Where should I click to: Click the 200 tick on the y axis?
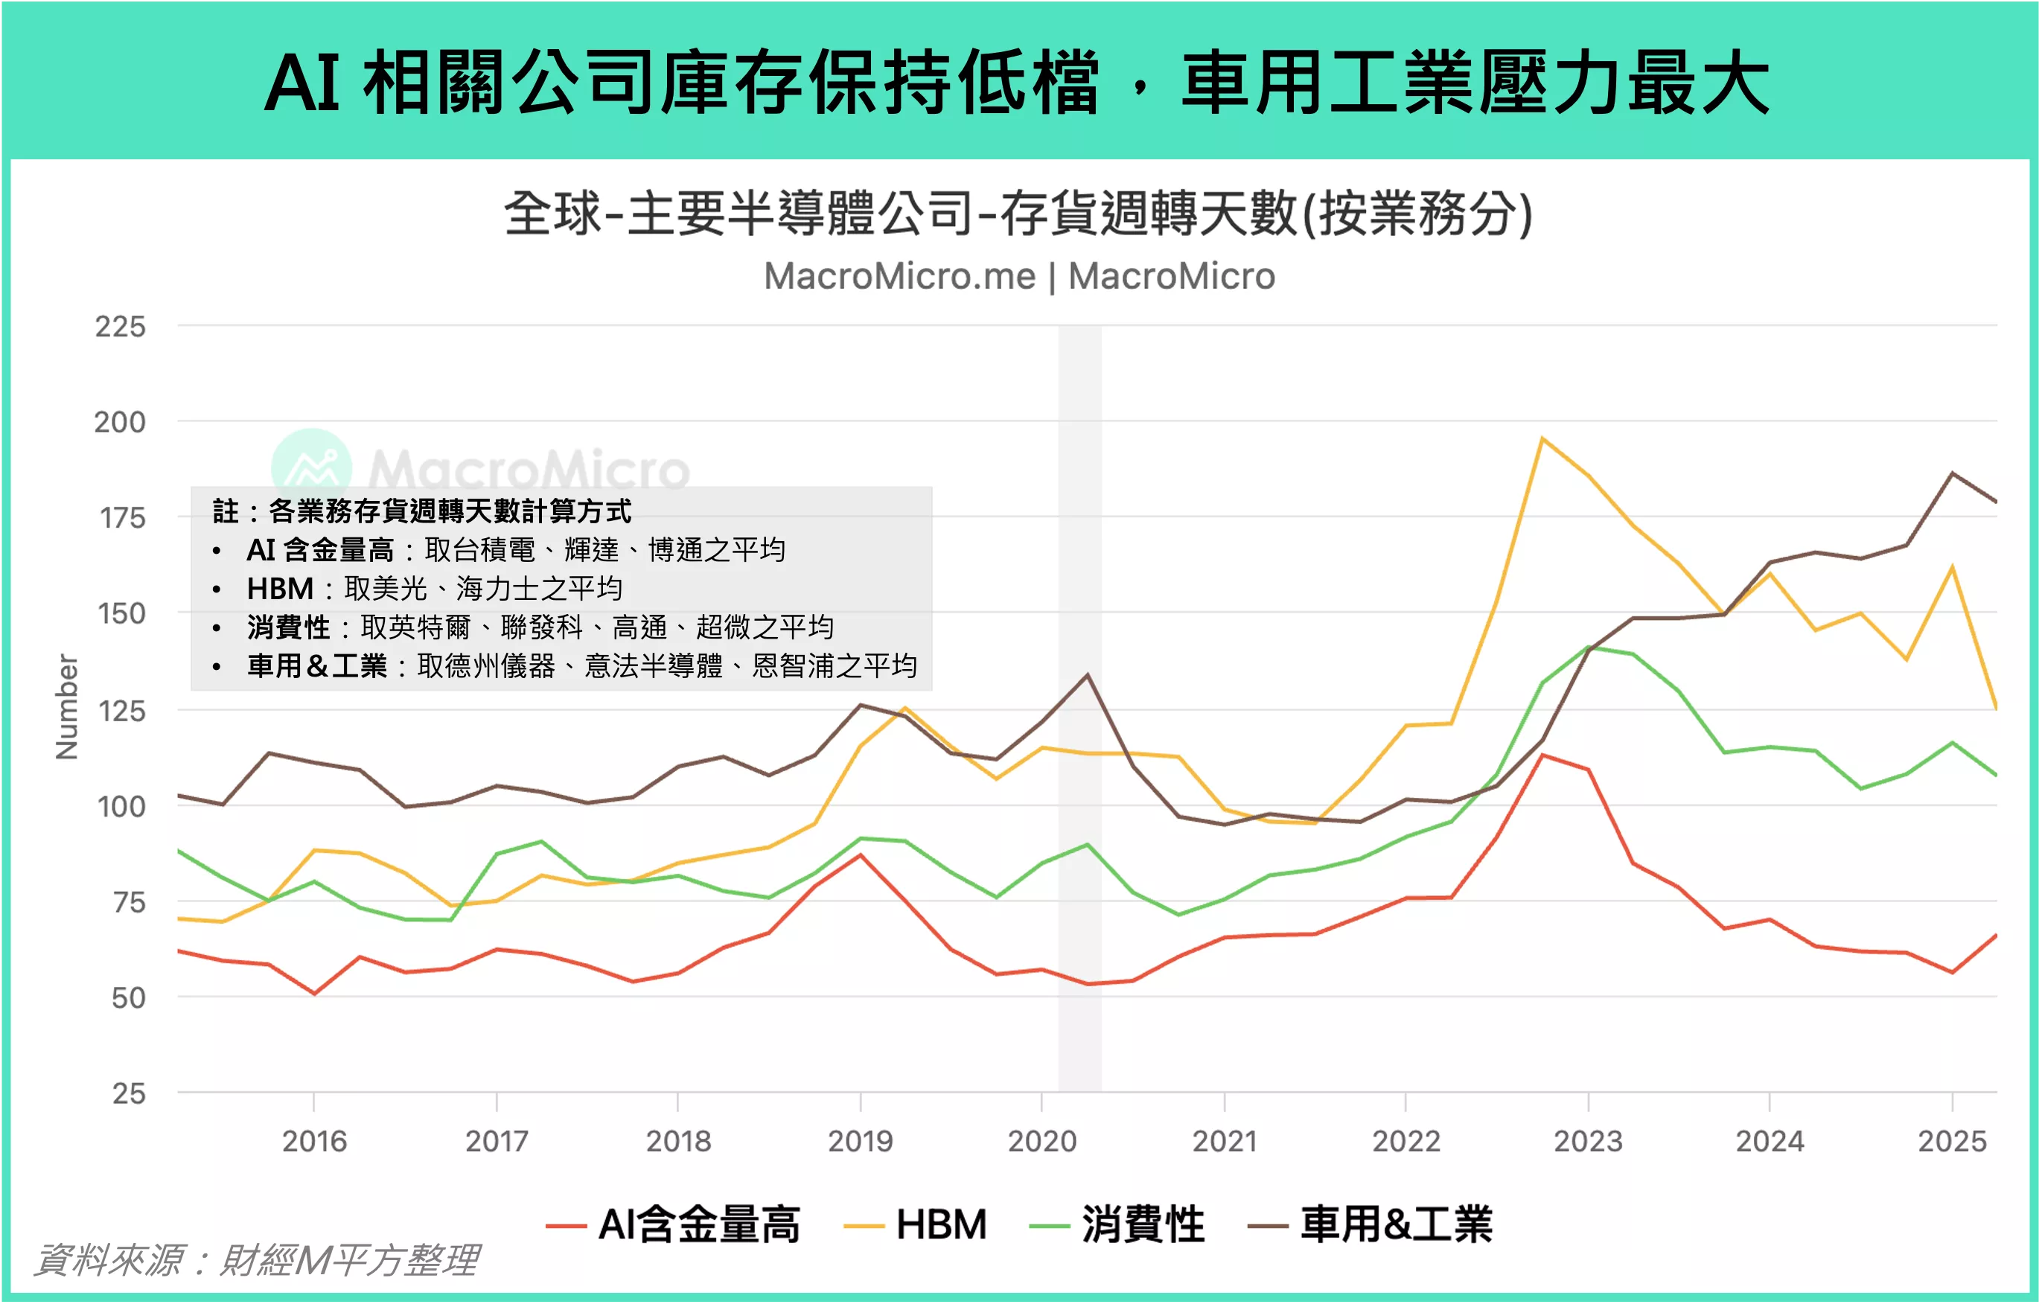[x=120, y=422]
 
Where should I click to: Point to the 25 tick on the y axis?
[x=128, y=1093]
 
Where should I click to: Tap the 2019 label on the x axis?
[x=860, y=1141]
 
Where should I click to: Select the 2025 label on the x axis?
[x=1952, y=1141]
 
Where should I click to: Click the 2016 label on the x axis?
[x=314, y=1141]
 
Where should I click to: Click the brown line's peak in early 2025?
[x=1953, y=473]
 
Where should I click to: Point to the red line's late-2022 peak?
[x=1542, y=755]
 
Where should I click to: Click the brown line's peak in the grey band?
[x=1088, y=675]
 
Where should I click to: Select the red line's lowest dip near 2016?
[x=314, y=994]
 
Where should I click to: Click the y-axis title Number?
[x=66, y=706]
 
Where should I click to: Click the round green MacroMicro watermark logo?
[x=311, y=467]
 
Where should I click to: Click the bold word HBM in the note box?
[x=280, y=588]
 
